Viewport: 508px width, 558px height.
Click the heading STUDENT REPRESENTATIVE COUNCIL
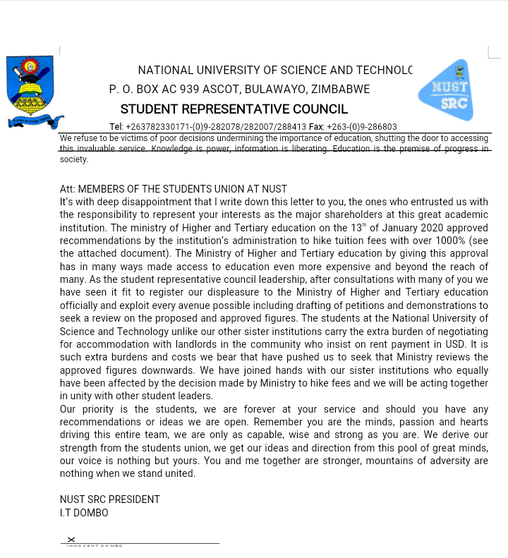(234, 109)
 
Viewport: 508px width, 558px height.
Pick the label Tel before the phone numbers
(116, 127)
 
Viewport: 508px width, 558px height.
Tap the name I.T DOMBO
(84, 513)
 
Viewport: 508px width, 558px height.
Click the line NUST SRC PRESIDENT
(109, 499)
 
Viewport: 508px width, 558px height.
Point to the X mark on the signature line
(71, 540)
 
